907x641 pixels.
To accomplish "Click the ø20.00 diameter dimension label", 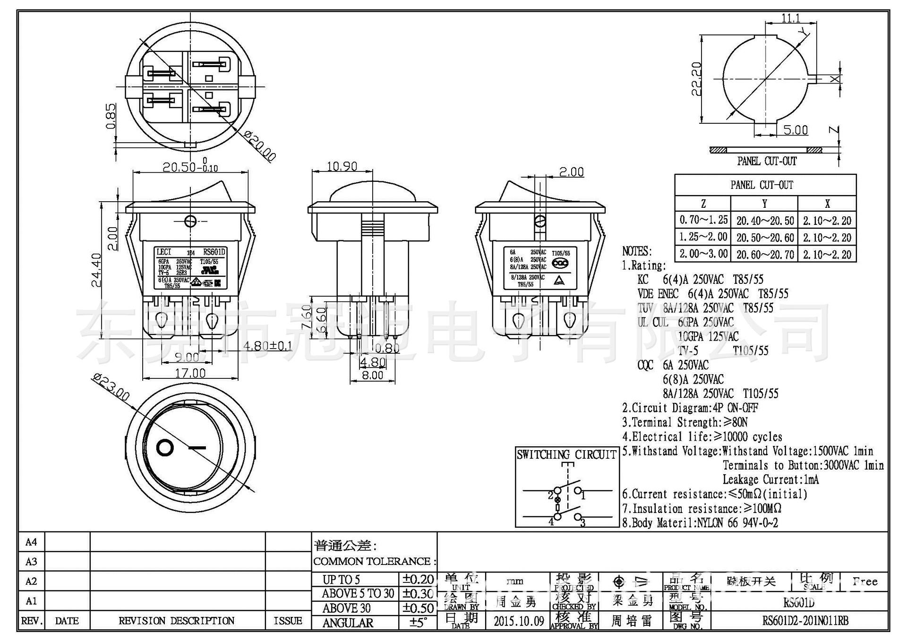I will (x=260, y=146).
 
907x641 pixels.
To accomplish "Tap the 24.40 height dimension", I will (x=96, y=270).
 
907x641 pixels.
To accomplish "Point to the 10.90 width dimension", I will (x=342, y=167).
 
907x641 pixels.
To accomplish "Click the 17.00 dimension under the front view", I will (x=190, y=374).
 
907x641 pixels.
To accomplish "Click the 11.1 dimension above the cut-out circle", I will (x=791, y=18).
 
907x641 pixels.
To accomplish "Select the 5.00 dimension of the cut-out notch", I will (x=796, y=130).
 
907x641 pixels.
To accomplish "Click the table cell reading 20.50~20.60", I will (x=765, y=238).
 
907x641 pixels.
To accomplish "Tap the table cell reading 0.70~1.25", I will (x=703, y=220).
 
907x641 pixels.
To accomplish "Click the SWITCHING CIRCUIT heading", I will (x=566, y=455).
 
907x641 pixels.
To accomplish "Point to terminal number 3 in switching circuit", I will (x=583, y=522).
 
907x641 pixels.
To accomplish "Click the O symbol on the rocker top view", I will (x=165, y=447).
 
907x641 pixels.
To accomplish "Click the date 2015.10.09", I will (x=519, y=621).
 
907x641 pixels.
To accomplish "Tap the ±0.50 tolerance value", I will (x=418, y=608).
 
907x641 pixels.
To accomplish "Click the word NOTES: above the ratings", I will (x=637, y=251).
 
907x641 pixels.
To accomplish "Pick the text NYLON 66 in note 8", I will (x=717, y=523).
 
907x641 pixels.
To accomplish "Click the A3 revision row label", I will (x=31, y=562).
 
